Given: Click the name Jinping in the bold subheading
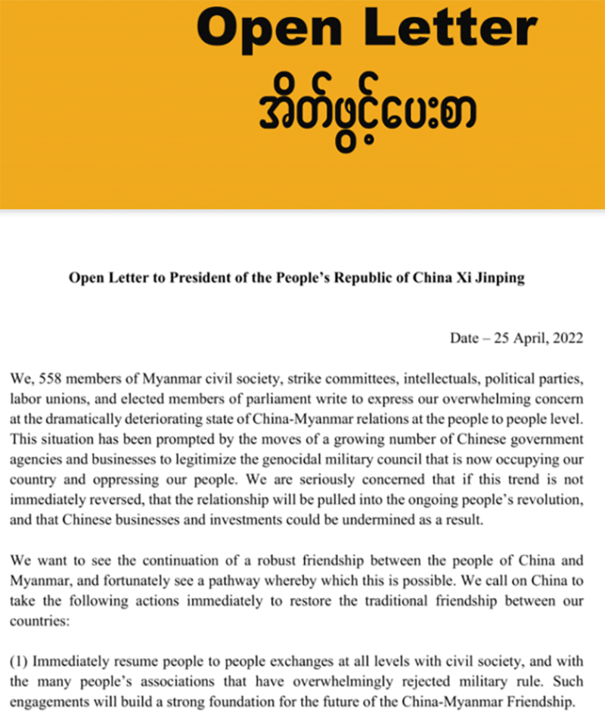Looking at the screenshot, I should (501, 278).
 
